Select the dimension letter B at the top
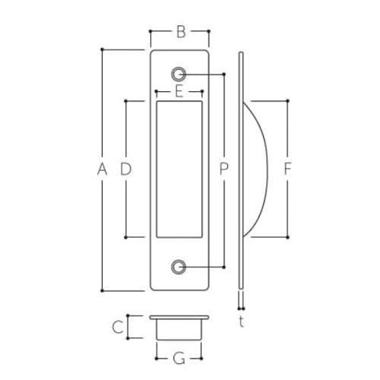click(180, 31)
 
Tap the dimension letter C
click(116, 328)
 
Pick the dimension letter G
click(179, 356)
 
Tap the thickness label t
click(241, 321)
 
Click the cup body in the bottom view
click(179, 329)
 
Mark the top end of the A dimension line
click(102, 49)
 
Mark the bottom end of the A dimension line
click(102, 290)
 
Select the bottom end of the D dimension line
click(126, 237)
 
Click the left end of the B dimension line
click(150, 31)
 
